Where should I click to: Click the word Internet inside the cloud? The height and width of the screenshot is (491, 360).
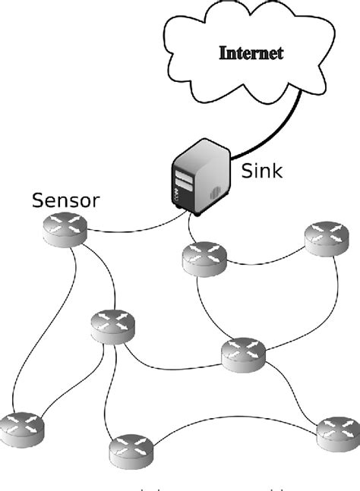tap(251, 54)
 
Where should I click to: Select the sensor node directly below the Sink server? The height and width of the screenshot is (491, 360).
tap(204, 259)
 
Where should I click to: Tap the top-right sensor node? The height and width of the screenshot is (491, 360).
tap(327, 239)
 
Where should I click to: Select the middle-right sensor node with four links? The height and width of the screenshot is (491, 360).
tap(244, 353)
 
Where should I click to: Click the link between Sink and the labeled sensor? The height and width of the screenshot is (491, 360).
tap(137, 229)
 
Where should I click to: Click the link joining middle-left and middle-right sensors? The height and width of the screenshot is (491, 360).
tap(175, 370)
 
